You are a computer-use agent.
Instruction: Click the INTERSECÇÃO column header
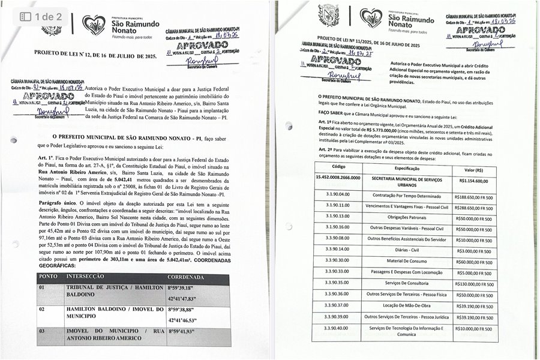point(89,277)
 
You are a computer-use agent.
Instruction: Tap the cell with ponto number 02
point(41,309)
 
